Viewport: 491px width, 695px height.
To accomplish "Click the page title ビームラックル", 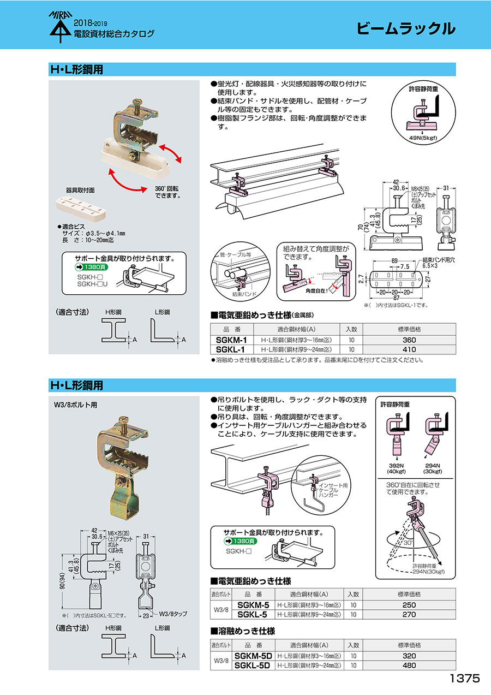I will pos(405,29).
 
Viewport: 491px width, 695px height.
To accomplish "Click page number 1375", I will pos(464,679).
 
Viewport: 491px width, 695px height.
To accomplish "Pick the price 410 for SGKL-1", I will pos(409,349).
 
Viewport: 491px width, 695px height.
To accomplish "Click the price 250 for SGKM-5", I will pos(409,605).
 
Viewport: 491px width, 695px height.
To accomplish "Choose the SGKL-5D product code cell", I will pos(252,665).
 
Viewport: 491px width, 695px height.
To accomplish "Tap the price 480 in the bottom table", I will pos(409,665).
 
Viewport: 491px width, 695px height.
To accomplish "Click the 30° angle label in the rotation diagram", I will pos(409,543).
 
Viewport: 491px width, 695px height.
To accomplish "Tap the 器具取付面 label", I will pos(80,191).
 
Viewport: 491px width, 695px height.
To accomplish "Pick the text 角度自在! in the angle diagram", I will pos(317,292).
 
